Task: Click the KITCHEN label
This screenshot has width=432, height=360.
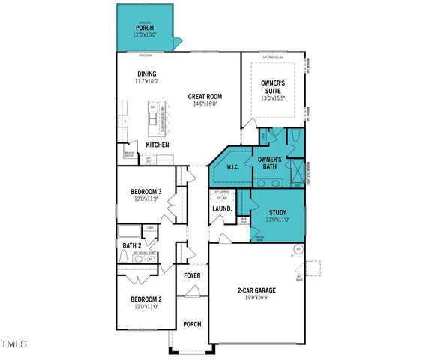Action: click(157, 145)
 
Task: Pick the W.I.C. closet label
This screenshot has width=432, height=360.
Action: click(232, 168)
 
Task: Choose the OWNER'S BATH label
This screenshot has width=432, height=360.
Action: click(269, 163)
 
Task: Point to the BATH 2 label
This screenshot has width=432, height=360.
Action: click(132, 244)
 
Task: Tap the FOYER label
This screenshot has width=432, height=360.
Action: click(193, 275)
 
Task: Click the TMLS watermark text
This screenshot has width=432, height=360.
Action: click(13, 344)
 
